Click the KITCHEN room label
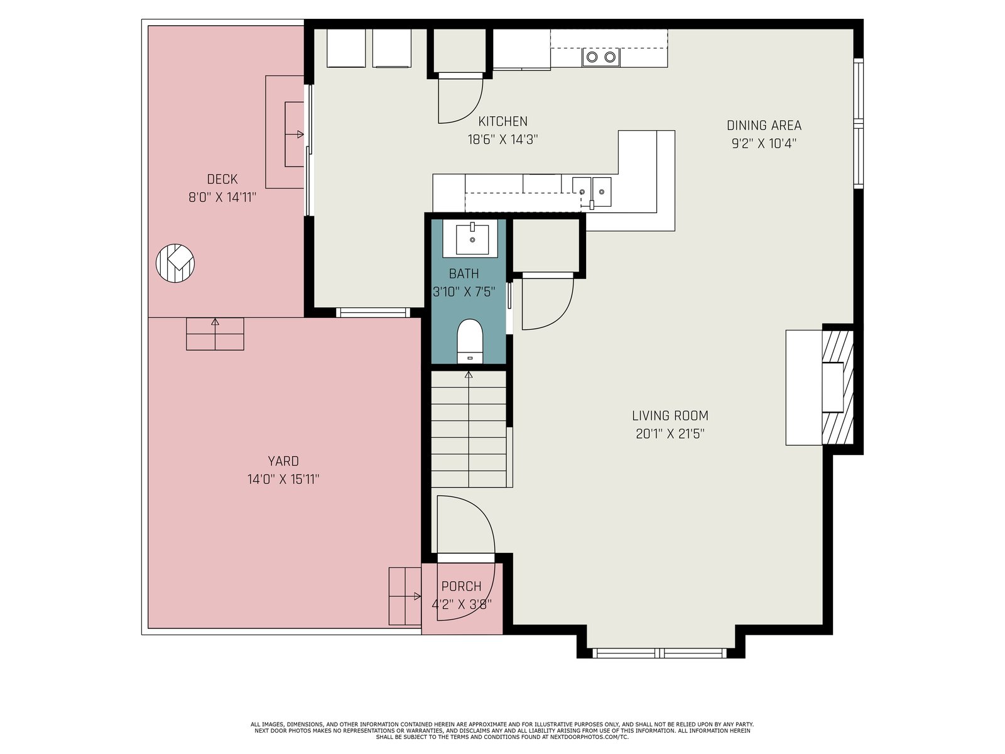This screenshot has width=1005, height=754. click(x=503, y=121)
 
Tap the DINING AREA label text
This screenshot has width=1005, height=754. click(x=764, y=126)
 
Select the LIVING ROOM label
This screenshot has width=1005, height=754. click(x=670, y=416)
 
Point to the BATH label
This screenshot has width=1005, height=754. click(x=464, y=274)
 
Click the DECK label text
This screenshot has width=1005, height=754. click(x=222, y=179)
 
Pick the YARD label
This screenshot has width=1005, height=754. click(x=283, y=461)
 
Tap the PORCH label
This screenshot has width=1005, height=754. click(x=461, y=586)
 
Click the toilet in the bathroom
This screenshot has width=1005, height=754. click(x=470, y=341)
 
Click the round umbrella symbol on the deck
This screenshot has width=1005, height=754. click(x=175, y=263)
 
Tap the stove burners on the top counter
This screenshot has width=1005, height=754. click(x=600, y=57)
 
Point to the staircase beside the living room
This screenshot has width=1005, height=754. click(x=469, y=429)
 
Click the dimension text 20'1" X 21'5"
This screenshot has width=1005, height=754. click(x=670, y=434)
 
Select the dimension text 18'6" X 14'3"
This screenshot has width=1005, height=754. click(x=503, y=139)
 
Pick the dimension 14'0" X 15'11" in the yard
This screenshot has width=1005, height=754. click(x=283, y=479)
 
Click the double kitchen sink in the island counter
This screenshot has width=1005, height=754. click(x=592, y=192)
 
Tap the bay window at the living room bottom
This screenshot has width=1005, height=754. click(x=660, y=653)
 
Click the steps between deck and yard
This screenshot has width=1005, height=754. click(x=215, y=334)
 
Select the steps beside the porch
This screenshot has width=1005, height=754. click(x=405, y=596)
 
